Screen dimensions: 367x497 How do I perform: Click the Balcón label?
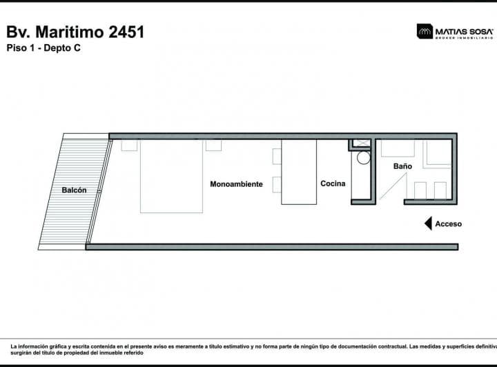coord(74,190)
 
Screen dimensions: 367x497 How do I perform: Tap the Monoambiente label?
coord(236,184)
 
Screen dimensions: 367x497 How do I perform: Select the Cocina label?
coord(333,184)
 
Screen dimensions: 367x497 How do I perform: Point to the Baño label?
coord(402,166)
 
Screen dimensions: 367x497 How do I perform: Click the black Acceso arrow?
coord(428,224)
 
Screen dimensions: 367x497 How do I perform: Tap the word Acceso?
coord(449,224)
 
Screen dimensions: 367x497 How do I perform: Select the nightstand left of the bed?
coord(129,145)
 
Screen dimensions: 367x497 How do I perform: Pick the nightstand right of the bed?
coord(213,145)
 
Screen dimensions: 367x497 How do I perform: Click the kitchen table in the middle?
coord(298,172)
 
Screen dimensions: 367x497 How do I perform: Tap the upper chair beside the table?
coord(277,157)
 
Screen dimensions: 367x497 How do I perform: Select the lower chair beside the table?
coord(277,185)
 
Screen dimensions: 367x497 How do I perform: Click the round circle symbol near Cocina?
coord(363,157)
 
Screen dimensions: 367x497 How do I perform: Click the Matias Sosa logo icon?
coord(425,31)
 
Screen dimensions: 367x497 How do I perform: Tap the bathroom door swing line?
coord(389,186)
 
